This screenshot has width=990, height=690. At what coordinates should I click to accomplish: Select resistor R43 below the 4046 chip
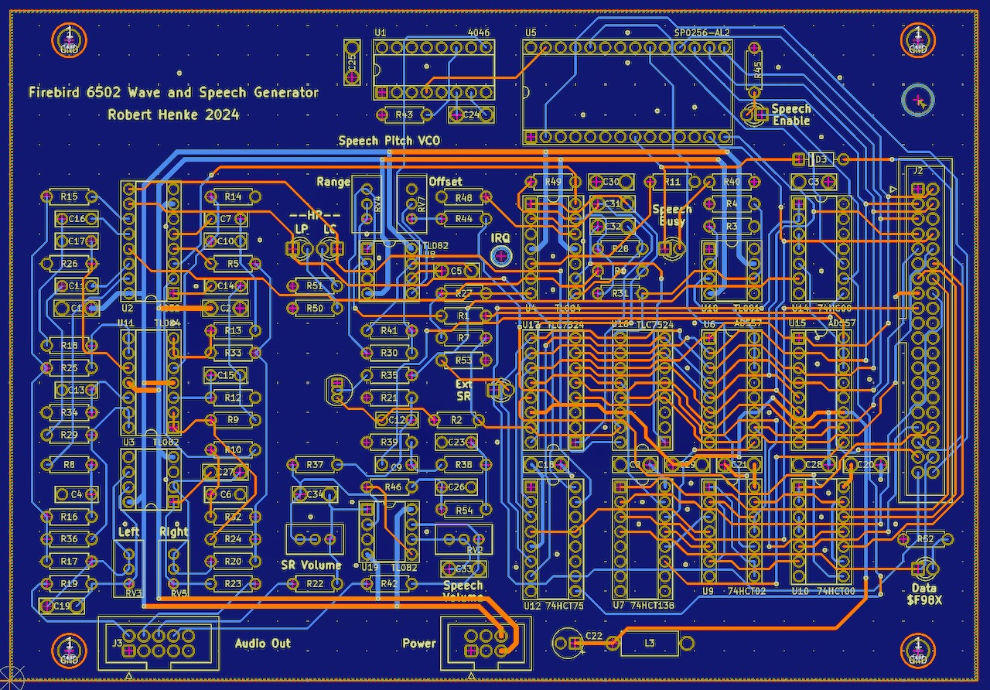(x=404, y=115)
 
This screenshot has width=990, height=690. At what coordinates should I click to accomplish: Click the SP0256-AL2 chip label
(x=702, y=32)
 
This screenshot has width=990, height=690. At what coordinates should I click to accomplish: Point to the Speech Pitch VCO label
(x=388, y=142)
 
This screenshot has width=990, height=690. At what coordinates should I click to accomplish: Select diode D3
(x=820, y=159)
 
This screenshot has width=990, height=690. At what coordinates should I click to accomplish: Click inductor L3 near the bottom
(x=649, y=643)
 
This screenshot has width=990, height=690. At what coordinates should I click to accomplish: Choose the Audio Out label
(x=263, y=644)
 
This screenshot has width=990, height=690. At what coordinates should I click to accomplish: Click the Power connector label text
(x=418, y=644)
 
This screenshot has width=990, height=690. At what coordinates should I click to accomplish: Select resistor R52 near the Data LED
(x=924, y=538)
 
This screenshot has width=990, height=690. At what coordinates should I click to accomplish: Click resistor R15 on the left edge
(x=70, y=196)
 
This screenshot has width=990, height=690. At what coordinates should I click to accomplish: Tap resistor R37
(x=315, y=465)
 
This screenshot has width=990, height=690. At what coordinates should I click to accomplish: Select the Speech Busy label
(x=671, y=216)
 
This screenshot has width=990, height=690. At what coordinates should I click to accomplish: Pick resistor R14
(x=232, y=196)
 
